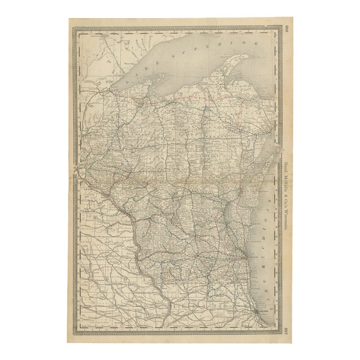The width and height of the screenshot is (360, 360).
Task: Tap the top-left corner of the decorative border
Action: pos(76,26)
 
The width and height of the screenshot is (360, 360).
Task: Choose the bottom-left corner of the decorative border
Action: pos(76,331)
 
